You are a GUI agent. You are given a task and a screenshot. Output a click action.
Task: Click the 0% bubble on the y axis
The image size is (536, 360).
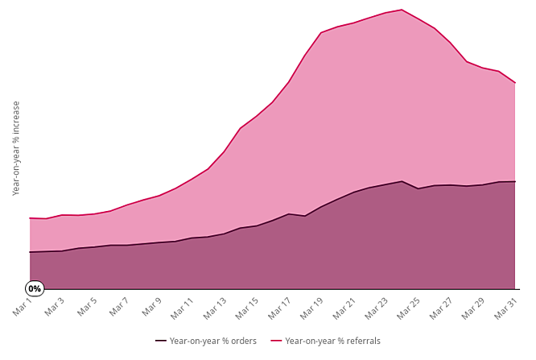(35, 288)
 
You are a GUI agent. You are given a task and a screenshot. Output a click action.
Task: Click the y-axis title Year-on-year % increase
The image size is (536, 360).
(16, 148)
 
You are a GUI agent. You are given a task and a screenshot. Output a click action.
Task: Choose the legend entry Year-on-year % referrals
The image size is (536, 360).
(332, 341)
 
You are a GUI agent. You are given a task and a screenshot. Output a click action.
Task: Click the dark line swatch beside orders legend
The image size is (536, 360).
(161, 341)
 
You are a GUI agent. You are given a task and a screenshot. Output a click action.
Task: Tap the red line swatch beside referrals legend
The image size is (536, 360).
(276, 341)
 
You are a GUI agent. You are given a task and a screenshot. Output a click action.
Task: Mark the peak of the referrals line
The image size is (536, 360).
(402, 10)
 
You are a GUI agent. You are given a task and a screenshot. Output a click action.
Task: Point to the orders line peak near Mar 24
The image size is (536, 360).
(402, 181)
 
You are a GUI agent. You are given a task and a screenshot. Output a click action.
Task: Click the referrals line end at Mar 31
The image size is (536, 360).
(515, 83)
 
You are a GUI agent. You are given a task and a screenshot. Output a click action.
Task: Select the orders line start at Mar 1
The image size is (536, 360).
(30, 252)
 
